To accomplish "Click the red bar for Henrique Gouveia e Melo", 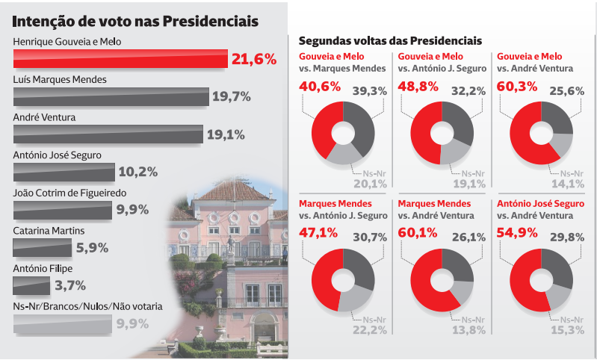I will pyautogui.click(x=120, y=59).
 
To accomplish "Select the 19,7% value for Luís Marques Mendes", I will pyautogui.click(x=231, y=96).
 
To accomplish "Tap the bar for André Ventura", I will pyautogui.click(x=108, y=134).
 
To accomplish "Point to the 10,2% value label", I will pyautogui.click(x=137, y=173).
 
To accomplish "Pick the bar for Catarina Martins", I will pyautogui.click(x=43, y=247).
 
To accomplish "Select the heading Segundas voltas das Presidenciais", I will pyautogui.click(x=390, y=40).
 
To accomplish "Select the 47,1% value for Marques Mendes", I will pyautogui.click(x=320, y=233).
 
